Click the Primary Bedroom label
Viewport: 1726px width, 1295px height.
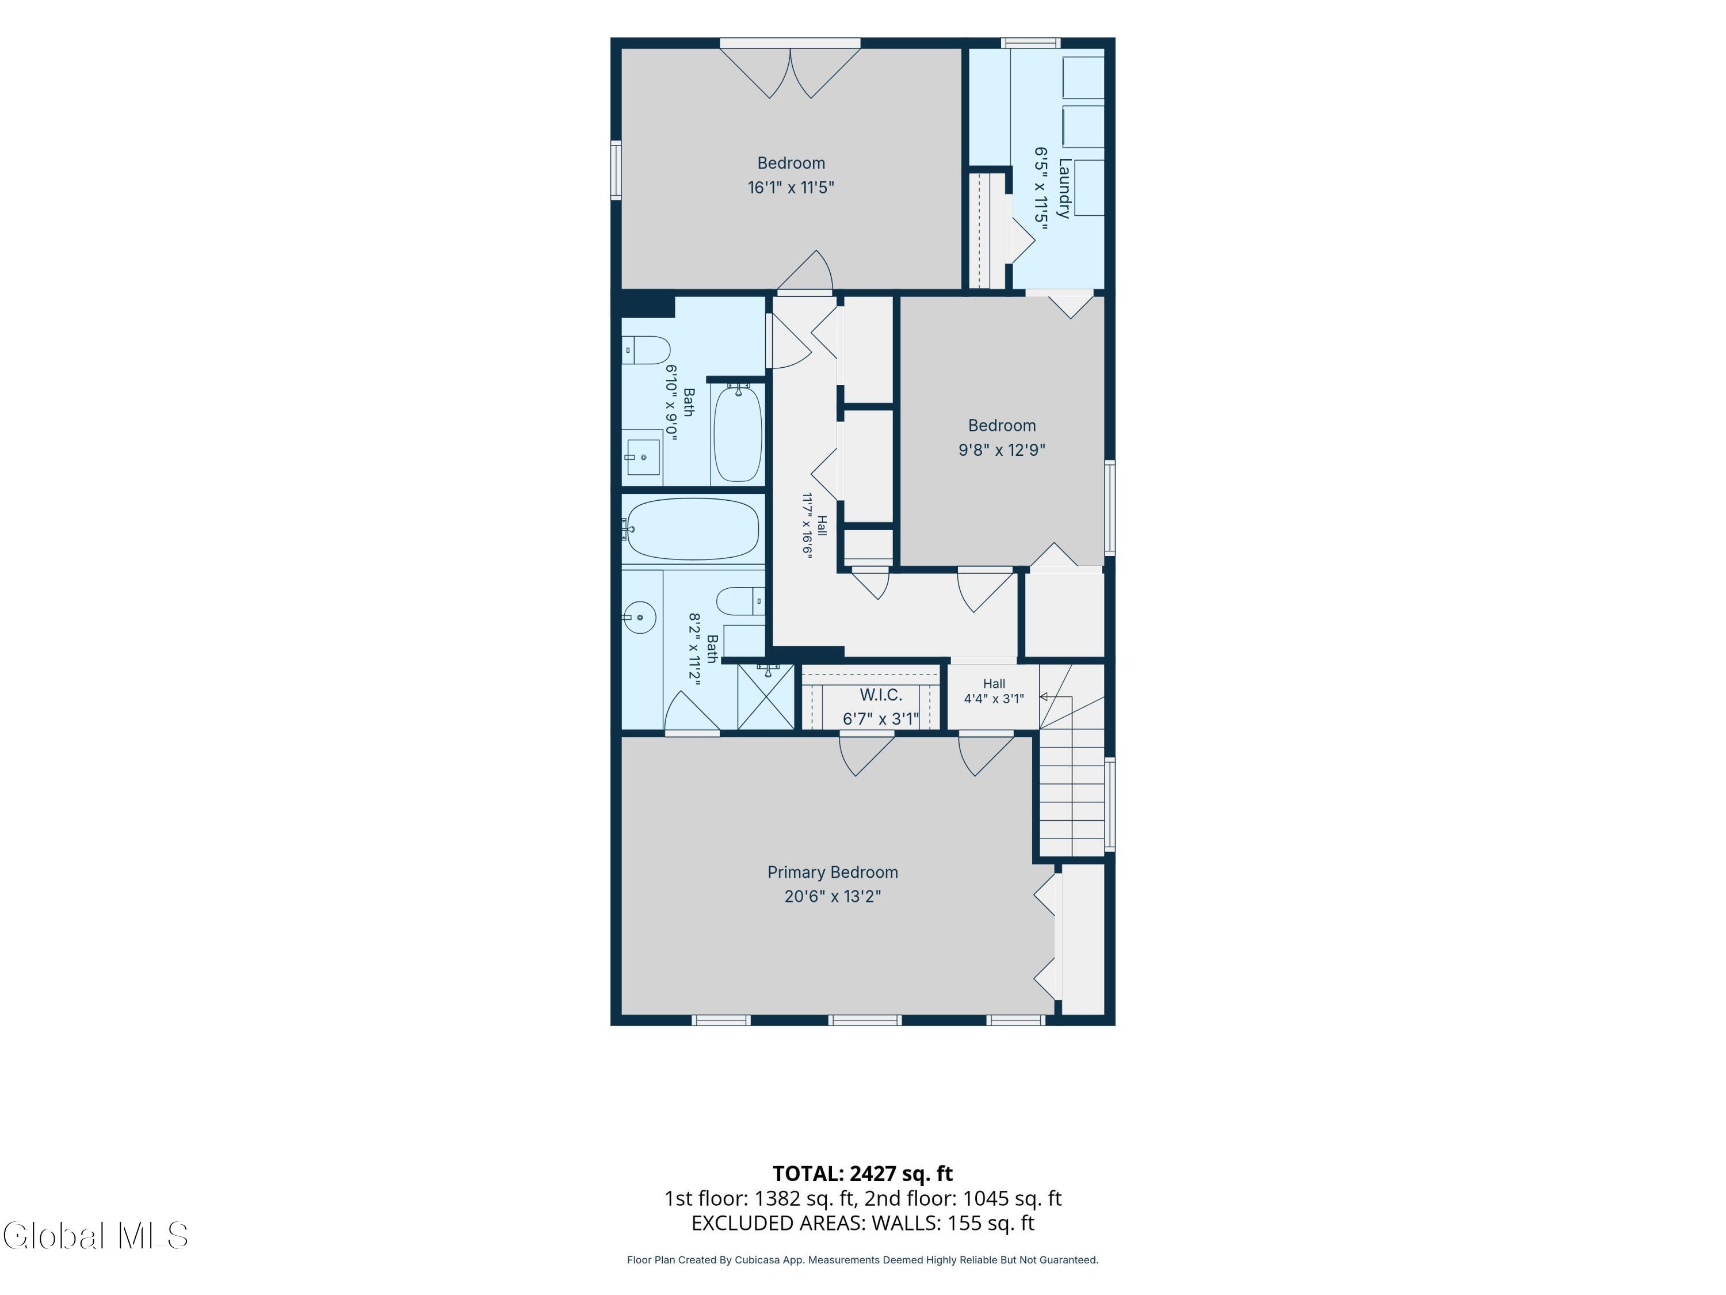coord(833,872)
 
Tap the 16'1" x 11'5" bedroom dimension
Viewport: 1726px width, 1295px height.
coord(791,187)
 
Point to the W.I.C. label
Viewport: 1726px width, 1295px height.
coord(881,695)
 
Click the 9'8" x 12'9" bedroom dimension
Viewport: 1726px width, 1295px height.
coord(1002,450)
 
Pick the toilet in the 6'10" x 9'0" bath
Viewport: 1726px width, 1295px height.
coord(646,351)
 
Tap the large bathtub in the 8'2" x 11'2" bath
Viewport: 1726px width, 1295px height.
coord(692,530)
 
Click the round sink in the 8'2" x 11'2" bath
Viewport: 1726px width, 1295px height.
coord(639,618)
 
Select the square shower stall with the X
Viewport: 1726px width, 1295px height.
coord(765,697)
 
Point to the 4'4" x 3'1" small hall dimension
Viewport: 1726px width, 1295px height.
coord(994,699)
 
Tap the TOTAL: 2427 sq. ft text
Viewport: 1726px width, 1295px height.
coord(863,1173)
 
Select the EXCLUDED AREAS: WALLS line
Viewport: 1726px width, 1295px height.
coord(863,1223)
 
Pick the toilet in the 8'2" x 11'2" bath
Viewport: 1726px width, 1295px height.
coord(740,601)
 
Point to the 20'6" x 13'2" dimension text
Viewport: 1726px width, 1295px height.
coord(833,896)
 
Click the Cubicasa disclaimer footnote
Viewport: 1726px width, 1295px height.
coord(863,1260)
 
